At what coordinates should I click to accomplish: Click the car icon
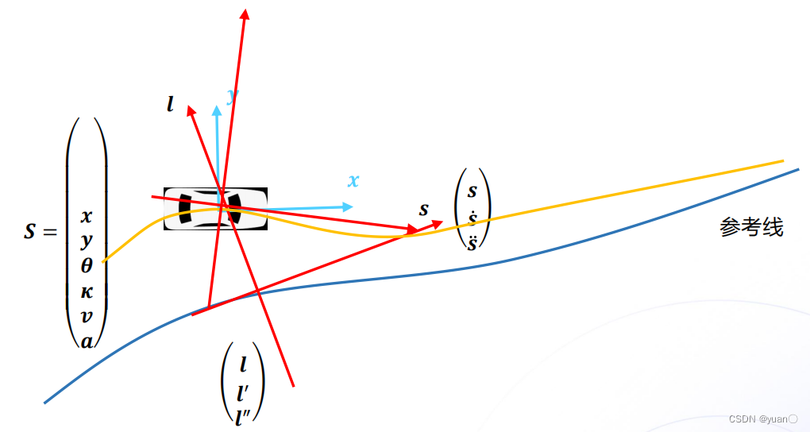[214, 209]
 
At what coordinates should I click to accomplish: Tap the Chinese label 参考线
[751, 228]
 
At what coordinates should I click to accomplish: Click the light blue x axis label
[353, 181]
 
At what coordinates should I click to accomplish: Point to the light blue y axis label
[232, 96]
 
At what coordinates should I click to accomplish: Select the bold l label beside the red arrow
[170, 104]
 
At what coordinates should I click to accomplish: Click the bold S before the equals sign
[30, 233]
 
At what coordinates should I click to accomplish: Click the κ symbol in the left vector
[87, 291]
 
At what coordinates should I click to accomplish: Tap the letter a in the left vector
[87, 341]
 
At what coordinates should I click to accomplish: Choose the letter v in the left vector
[87, 316]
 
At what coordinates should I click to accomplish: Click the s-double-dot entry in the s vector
[472, 242]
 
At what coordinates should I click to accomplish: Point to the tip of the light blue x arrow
[352, 206]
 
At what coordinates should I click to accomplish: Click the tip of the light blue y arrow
[216, 106]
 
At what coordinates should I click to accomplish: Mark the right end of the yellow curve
[783, 161]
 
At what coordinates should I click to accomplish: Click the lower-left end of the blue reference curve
[45, 402]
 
